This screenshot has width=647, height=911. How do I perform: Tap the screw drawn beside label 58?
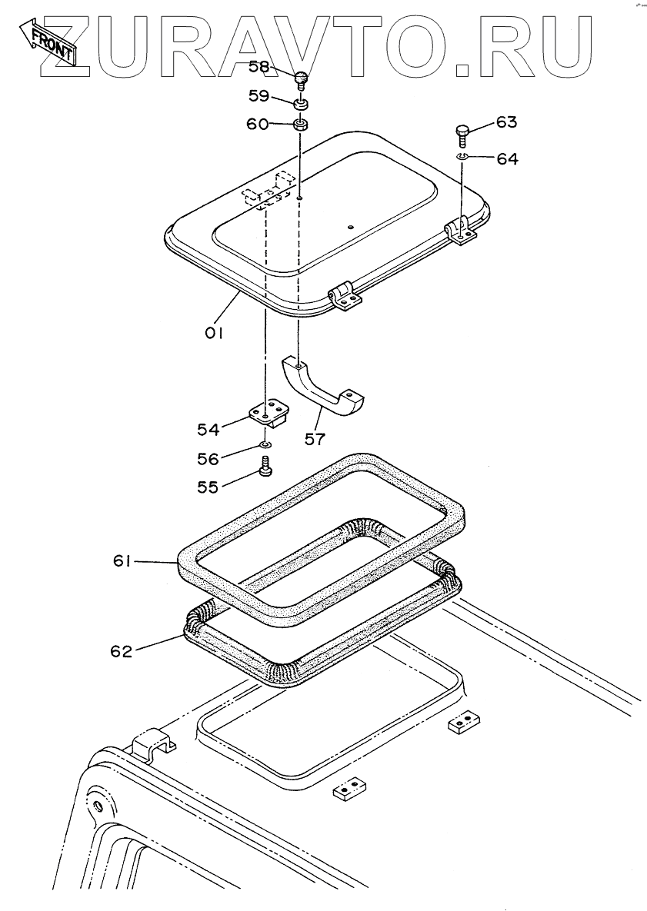[x=302, y=78]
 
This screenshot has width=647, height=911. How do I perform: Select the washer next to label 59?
[x=301, y=102]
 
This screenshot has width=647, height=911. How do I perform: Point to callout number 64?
[x=507, y=159]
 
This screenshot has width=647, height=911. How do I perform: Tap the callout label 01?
[x=213, y=332]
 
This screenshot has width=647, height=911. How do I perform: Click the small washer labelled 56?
[x=265, y=445]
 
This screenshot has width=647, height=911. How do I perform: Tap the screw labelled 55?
[x=266, y=466]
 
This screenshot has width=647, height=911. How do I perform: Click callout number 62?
[x=121, y=650]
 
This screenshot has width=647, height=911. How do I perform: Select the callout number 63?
[x=506, y=122]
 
